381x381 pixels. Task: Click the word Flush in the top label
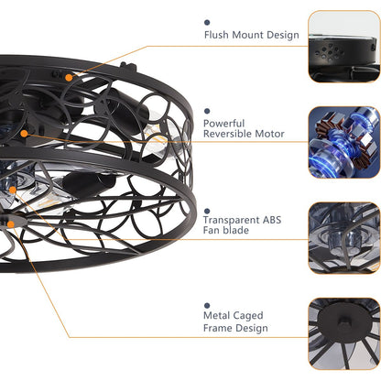(x=216, y=35)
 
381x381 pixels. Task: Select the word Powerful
(x=223, y=124)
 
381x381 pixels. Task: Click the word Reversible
(x=227, y=134)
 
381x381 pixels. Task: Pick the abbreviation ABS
(x=272, y=220)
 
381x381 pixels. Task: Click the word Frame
(x=216, y=328)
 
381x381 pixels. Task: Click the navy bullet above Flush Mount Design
(x=207, y=22)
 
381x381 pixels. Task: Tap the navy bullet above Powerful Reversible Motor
(x=207, y=111)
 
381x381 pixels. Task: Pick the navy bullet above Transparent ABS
(x=207, y=211)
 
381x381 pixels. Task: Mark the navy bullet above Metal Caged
(x=207, y=306)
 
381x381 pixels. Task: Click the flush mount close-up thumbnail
(x=344, y=47)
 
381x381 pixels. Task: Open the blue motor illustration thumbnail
(x=344, y=142)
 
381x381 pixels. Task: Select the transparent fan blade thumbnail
(x=344, y=238)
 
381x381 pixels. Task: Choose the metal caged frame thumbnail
(x=344, y=334)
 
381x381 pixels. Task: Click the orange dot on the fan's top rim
(x=69, y=78)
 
